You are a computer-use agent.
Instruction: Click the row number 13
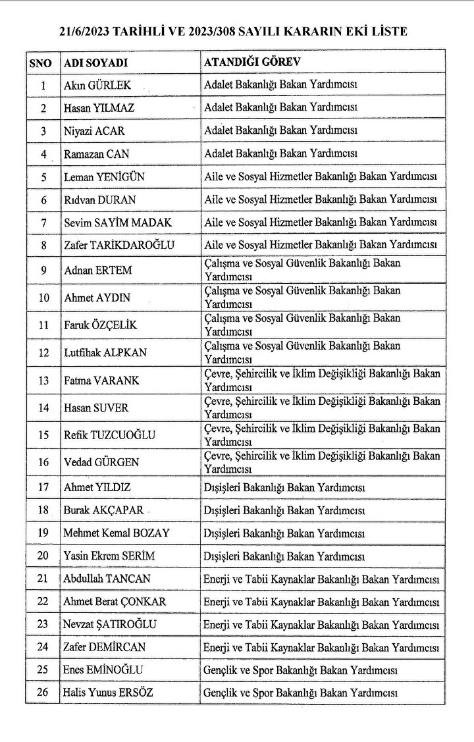43,380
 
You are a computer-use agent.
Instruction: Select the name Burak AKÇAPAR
103,510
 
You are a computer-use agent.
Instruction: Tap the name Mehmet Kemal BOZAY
117,533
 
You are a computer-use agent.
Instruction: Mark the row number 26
43,694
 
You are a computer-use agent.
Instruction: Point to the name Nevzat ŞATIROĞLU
110,624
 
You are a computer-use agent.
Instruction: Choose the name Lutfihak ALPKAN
106,352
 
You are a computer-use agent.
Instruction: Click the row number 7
43,223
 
